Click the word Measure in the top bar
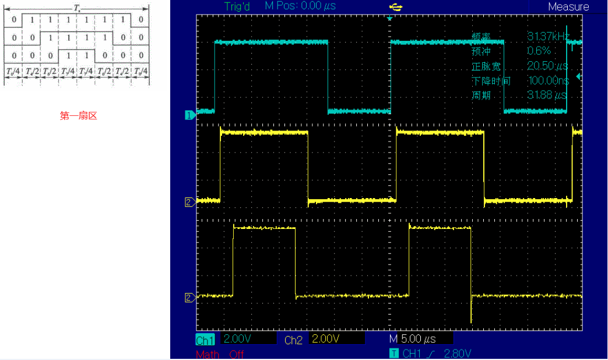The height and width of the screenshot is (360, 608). (568, 7)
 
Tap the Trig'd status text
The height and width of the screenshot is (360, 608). (237, 6)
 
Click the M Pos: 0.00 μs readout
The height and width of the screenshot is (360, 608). (300, 6)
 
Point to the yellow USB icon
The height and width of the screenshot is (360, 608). (396, 6)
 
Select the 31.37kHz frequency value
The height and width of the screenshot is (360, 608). (548, 37)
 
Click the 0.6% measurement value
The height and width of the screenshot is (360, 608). (539, 51)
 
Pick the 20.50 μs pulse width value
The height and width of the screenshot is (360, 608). (547, 66)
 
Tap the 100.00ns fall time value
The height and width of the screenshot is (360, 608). (547, 81)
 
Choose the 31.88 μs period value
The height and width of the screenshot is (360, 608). (547, 96)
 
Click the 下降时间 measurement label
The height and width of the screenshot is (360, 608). (491, 81)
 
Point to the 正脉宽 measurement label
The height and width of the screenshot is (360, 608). (486, 66)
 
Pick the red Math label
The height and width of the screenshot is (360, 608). (208, 354)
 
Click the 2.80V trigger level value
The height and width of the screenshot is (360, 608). (458, 354)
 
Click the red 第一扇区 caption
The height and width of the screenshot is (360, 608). (79, 116)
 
